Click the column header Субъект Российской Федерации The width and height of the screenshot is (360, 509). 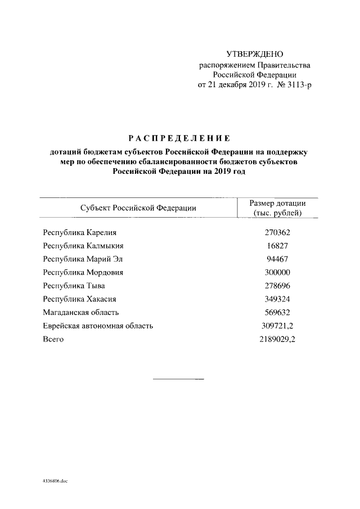tap(138, 208)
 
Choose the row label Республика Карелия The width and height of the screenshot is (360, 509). tap(81, 232)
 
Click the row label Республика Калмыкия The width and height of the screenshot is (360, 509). tap(83, 245)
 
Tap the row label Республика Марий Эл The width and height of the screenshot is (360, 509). tap(83, 259)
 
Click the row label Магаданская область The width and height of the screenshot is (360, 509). tap(81, 313)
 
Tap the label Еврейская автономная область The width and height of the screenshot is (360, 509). tap(98, 326)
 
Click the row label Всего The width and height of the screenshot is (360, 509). tap(53, 340)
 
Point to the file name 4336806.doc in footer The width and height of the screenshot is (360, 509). tap(55, 482)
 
